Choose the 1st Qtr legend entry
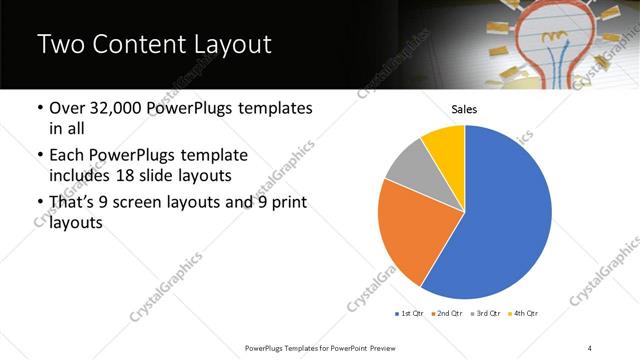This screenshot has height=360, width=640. (412, 314)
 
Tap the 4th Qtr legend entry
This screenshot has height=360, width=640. (524, 314)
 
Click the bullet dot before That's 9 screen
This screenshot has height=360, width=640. (39, 205)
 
